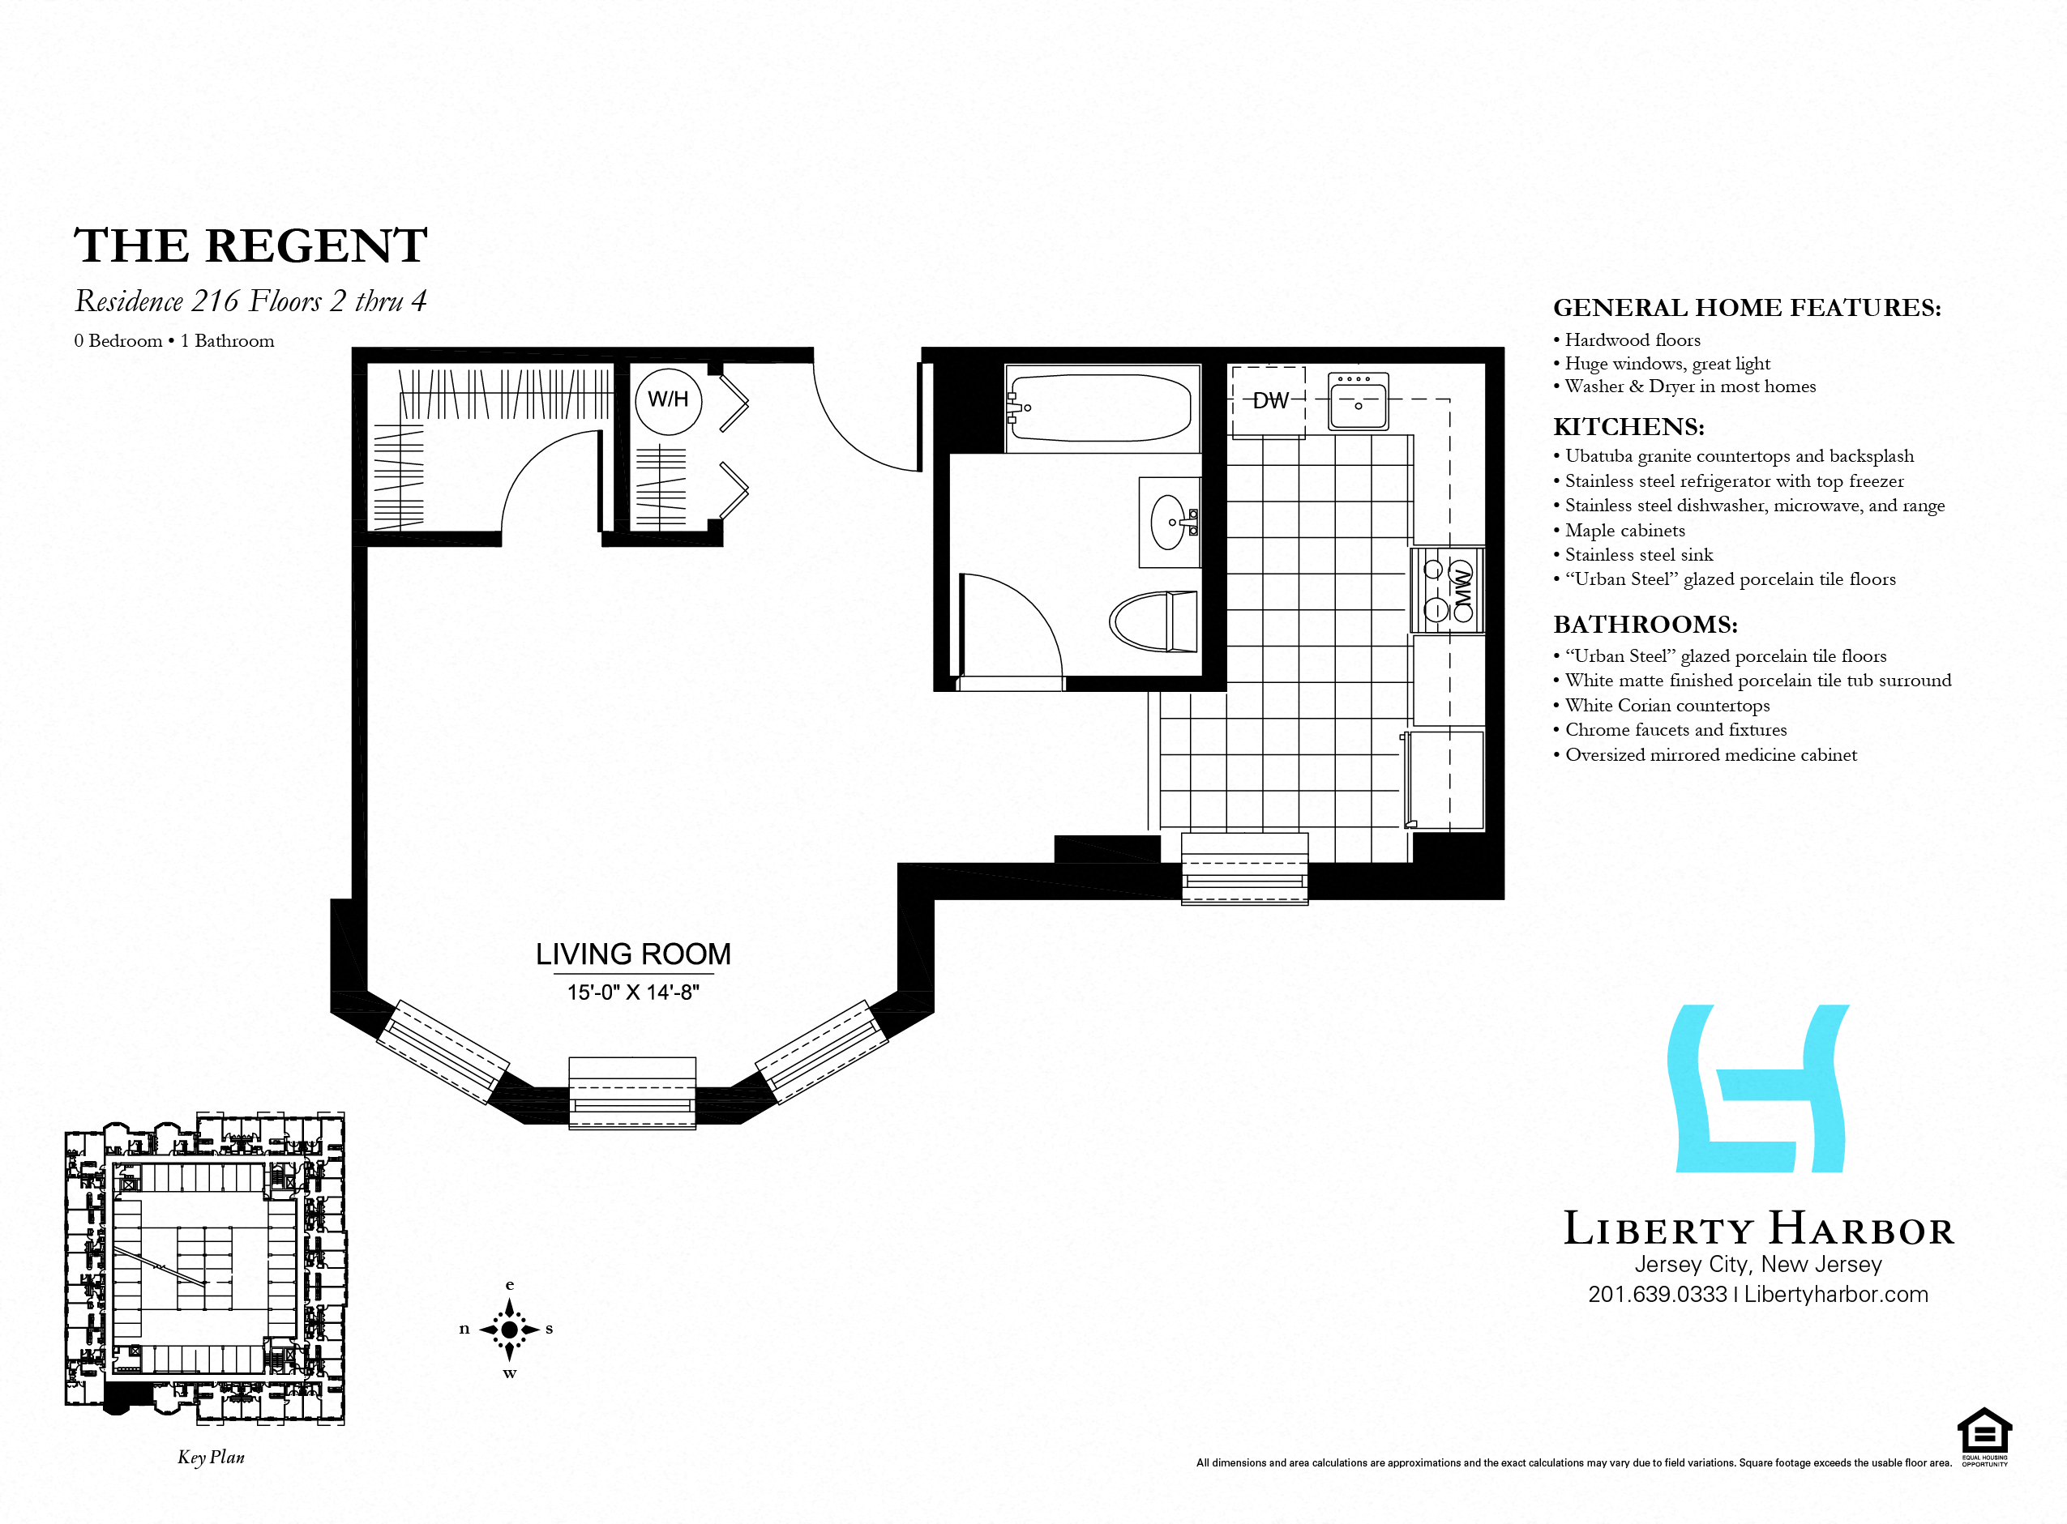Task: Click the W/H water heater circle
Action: pyautogui.click(x=668, y=400)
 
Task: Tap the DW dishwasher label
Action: pyautogui.click(x=1271, y=400)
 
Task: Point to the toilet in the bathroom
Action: pyautogui.click(x=1153, y=621)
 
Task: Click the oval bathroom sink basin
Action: pyautogui.click(x=1168, y=522)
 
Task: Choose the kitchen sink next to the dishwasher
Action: pyautogui.click(x=1359, y=400)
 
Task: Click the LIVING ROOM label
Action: pyautogui.click(x=633, y=954)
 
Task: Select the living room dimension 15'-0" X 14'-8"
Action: pyautogui.click(x=633, y=992)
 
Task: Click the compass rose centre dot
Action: pyautogui.click(x=509, y=1330)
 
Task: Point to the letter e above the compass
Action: pyautogui.click(x=509, y=1285)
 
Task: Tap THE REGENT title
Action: pyautogui.click(x=250, y=245)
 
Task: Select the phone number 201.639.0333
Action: pyautogui.click(x=1658, y=1294)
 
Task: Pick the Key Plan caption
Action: pyautogui.click(x=212, y=1457)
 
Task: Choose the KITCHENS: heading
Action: pyautogui.click(x=1628, y=427)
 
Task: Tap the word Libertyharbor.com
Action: pyautogui.click(x=1835, y=1294)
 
